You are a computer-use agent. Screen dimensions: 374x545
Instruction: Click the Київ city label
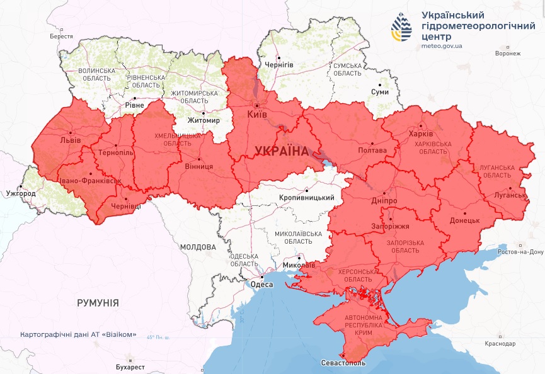pos(258,115)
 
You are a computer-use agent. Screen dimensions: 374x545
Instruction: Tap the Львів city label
pos(70,140)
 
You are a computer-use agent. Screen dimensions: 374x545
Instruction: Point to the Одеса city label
pos(262,285)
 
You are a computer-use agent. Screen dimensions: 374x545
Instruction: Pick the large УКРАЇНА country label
pos(281,152)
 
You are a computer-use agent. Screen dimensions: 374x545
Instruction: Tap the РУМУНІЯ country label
pos(98,303)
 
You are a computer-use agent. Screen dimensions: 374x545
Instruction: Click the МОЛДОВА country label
pos(198,247)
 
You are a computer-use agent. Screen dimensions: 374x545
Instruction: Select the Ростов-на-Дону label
pos(519,252)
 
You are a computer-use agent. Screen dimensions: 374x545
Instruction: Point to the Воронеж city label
pos(508,54)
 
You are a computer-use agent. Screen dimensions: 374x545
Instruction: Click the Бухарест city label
pos(130,366)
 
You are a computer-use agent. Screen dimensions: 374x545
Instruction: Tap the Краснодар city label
pos(501,344)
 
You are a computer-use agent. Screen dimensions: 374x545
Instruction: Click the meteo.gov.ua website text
pos(442,46)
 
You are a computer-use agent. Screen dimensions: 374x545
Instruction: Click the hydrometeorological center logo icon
pos(400,28)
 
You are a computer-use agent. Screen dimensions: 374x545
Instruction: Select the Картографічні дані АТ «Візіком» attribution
pos(78,335)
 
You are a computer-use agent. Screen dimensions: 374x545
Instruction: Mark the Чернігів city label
pos(279,65)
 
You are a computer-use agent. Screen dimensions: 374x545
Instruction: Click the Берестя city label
pos(61,37)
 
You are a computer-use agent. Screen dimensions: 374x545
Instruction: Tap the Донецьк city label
pos(465,221)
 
